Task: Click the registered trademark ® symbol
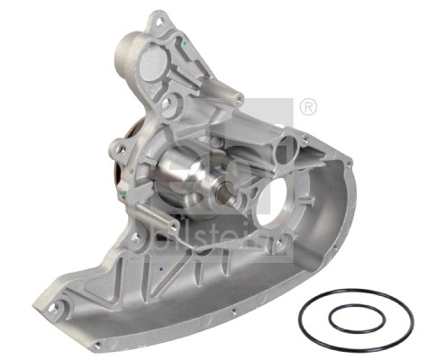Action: point(307,107)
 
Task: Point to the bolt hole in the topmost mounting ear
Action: point(159,18)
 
